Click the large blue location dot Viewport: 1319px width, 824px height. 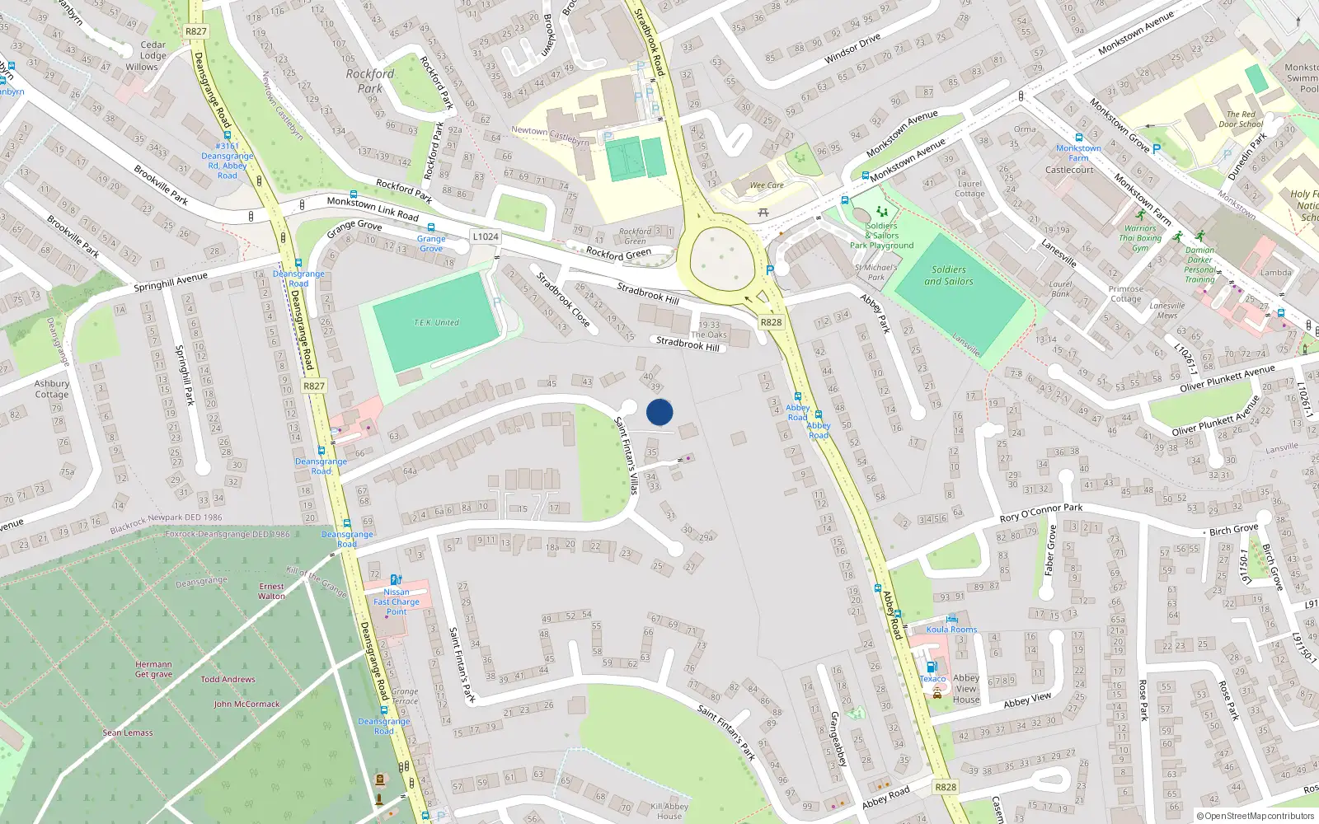[659, 412]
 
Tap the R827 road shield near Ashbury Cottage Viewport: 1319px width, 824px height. [314, 386]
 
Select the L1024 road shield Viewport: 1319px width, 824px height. [486, 236]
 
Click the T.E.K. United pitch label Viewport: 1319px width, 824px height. [436, 323]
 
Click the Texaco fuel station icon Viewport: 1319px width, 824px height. [932, 667]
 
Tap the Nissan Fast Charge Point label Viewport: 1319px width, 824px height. [397, 602]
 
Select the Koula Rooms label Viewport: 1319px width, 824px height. [951, 630]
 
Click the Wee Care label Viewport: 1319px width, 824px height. [767, 185]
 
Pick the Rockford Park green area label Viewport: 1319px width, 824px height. [370, 81]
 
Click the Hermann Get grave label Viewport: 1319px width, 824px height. [154, 669]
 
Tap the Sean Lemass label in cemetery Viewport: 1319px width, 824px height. [128, 733]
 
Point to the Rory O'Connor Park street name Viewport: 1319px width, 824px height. [1041, 513]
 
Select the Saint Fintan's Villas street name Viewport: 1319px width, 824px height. [627, 455]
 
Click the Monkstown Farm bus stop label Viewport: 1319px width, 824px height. [1078, 153]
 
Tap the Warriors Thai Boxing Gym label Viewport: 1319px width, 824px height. [1140, 238]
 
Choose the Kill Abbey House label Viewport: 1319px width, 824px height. [669, 811]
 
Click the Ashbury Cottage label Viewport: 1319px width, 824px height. [52, 389]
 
